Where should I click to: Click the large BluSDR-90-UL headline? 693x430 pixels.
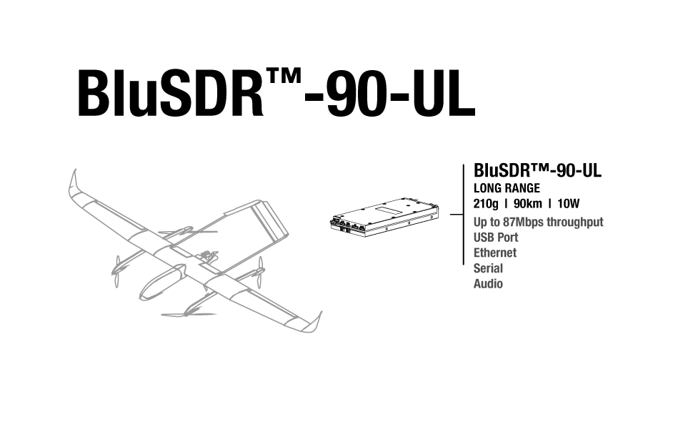click(x=276, y=93)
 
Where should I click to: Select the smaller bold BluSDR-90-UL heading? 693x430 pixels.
click(x=537, y=170)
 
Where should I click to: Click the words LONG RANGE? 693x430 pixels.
click(x=507, y=188)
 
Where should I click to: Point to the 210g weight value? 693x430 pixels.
click(x=486, y=204)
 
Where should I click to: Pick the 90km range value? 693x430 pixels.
click(x=528, y=204)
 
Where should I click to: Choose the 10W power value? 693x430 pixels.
click(x=569, y=204)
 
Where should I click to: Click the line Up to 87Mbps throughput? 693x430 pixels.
click(x=538, y=222)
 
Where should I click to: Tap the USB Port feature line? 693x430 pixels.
click(x=496, y=238)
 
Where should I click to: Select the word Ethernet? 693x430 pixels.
click(x=495, y=253)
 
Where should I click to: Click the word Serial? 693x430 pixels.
click(x=489, y=268)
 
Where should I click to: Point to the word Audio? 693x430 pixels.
click(x=489, y=284)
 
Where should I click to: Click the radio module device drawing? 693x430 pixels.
click(x=384, y=217)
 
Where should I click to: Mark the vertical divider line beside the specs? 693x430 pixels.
click(x=464, y=215)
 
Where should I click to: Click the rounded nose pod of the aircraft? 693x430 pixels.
click(x=160, y=283)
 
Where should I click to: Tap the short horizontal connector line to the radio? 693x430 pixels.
click(x=457, y=215)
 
